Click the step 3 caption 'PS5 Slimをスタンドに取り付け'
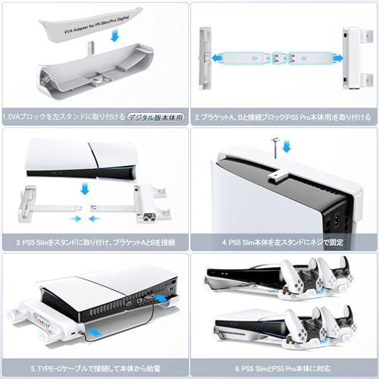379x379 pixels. [x=95, y=243]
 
